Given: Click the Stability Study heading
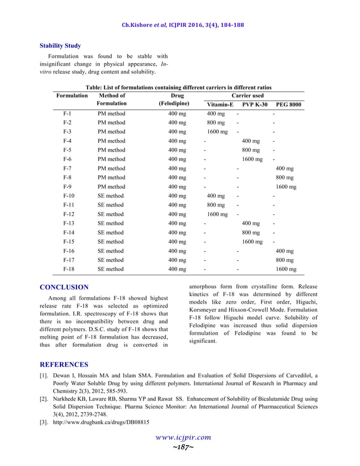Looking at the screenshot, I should pyautogui.click(x=60, y=46).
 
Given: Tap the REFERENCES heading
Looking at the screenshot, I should pyautogui.click(x=65, y=364).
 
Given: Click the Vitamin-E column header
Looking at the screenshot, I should pyautogui.click(x=219, y=105).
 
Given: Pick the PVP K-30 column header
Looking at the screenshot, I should pyautogui.click(x=255, y=105).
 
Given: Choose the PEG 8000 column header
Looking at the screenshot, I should pyautogui.click(x=288, y=105).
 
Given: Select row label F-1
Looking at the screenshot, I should pyautogui.click(x=67, y=114).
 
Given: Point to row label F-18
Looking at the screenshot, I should pyautogui.click(x=69, y=269).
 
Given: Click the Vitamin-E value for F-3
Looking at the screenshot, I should pyautogui.click(x=217, y=132).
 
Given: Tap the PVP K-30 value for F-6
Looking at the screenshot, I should pyautogui.click(x=252, y=159).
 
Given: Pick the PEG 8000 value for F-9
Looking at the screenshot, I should pyautogui.click(x=286, y=187).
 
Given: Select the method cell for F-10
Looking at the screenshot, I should pyautogui.click(x=111, y=196).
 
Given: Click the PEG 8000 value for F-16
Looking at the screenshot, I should pyautogui.click(x=284, y=251).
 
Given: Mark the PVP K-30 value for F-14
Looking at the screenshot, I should pyautogui.click(x=251, y=232).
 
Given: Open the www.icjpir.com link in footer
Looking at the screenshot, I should pyautogui.click(x=180, y=437).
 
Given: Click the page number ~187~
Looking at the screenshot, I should pyautogui.click(x=179, y=447).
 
